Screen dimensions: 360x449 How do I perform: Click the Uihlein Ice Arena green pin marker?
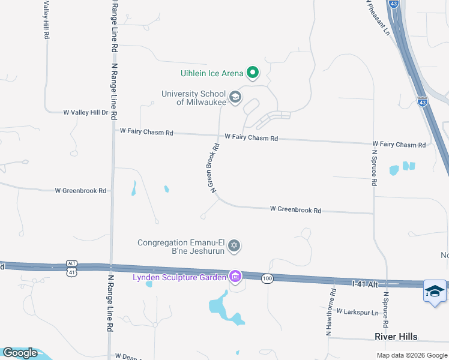pos(253,73)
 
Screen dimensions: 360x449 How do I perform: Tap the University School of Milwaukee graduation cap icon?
pos(235,97)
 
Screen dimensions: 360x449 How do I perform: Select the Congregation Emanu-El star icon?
pos(235,245)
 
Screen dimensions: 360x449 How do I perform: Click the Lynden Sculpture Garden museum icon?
pos(236,277)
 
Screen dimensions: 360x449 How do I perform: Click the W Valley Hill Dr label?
pos(85,112)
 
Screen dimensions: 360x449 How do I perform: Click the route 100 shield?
pos(268,278)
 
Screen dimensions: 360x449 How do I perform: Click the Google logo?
pos(20,353)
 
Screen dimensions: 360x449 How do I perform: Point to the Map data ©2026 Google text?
pos(411,355)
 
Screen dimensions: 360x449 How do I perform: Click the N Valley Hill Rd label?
pos(46,20)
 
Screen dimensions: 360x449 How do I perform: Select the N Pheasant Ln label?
pos(379,17)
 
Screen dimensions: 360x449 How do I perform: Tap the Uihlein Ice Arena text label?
pos(212,74)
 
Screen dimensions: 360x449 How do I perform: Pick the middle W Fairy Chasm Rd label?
pos(251,138)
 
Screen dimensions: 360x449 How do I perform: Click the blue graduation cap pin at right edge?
pos(435,292)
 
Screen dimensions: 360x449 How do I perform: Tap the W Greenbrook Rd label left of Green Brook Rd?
pos(80,191)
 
